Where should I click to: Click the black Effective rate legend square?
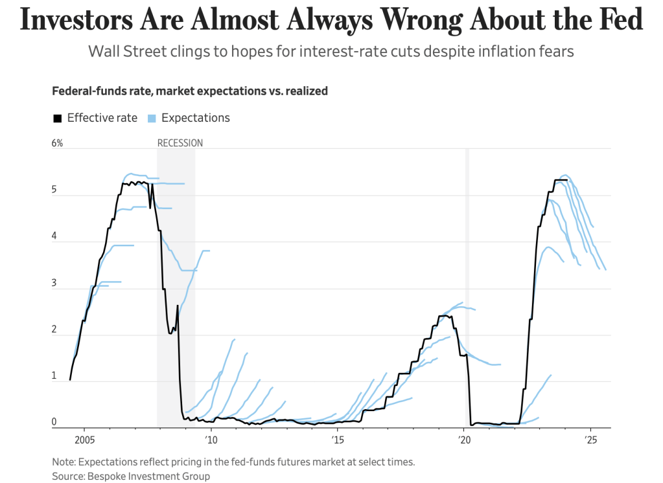pyautogui.click(x=57, y=118)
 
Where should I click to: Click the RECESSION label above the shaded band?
pyautogui.click(x=180, y=143)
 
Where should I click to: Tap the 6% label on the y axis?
pyautogui.click(x=58, y=143)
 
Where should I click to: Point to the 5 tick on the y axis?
pyautogui.click(x=54, y=191)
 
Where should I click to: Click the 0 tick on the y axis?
pyautogui.click(x=54, y=423)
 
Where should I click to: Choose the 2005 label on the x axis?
pyautogui.click(x=84, y=440)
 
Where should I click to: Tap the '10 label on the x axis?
pyautogui.click(x=211, y=440)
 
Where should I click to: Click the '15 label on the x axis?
pyautogui.click(x=338, y=440)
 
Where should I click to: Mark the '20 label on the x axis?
pyautogui.click(x=464, y=440)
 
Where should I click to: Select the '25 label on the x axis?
pyautogui.click(x=590, y=440)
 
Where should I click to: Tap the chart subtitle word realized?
pyautogui.click(x=303, y=91)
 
